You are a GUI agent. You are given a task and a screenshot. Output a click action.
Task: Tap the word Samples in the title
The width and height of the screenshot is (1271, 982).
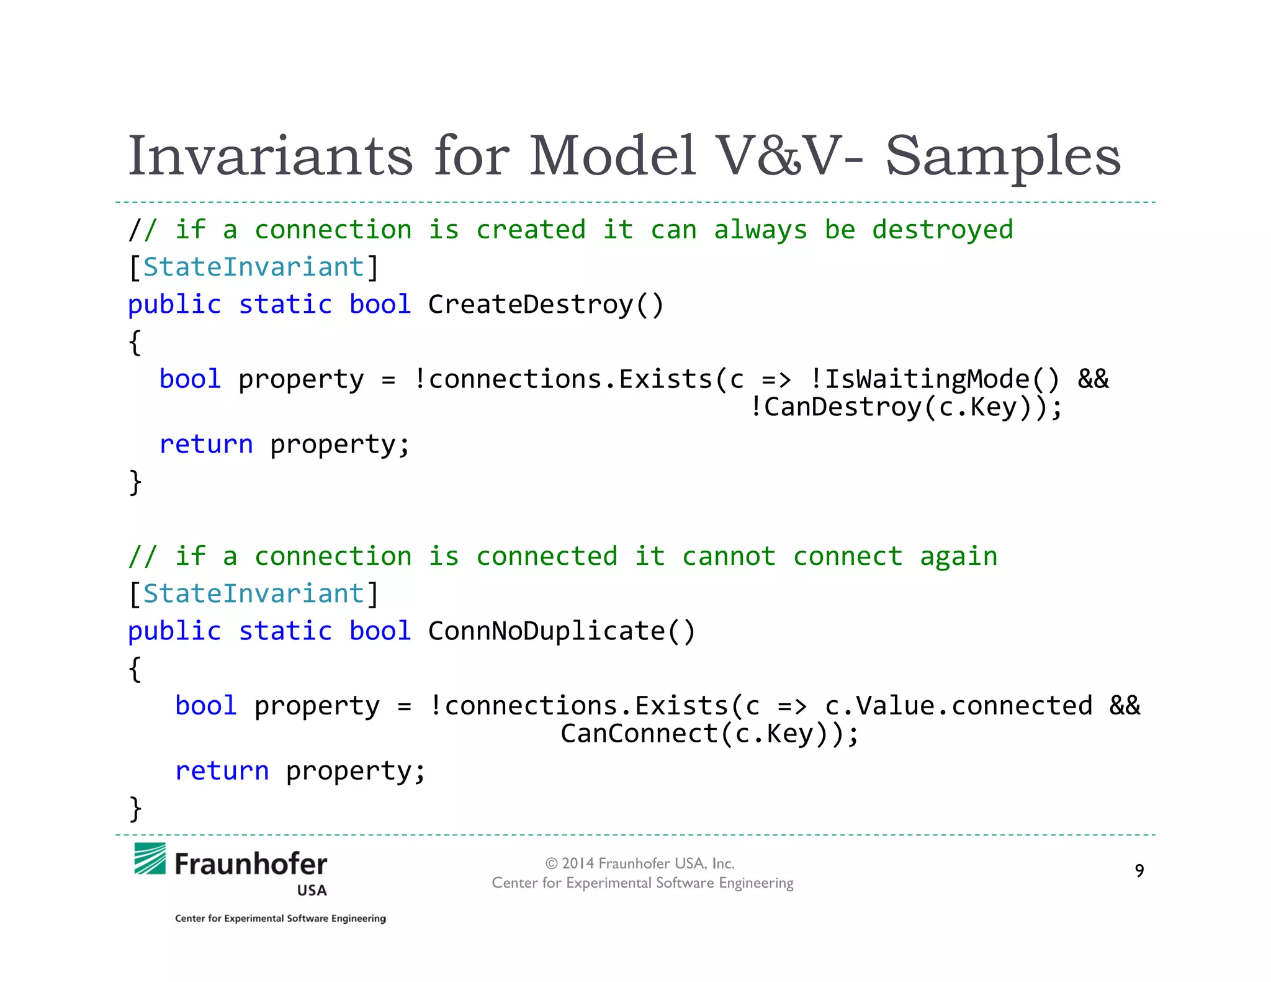click(1003, 156)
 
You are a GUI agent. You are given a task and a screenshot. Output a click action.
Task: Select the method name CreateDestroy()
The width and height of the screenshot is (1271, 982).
click(546, 305)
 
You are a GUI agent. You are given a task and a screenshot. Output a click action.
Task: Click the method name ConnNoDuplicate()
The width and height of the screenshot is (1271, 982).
click(562, 631)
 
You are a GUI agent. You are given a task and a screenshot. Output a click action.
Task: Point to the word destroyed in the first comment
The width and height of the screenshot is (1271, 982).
click(942, 230)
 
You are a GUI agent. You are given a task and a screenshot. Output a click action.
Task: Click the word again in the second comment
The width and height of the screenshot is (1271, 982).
click(958, 556)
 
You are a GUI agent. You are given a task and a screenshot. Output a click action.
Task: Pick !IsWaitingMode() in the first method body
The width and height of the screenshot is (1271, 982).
click(935, 379)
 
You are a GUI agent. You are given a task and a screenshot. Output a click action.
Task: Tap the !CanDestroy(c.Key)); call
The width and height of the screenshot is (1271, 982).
click(905, 407)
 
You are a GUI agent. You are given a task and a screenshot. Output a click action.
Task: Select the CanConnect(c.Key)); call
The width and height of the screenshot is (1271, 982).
click(709, 734)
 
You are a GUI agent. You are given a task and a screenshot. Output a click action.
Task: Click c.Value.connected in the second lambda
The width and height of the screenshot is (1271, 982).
click(958, 706)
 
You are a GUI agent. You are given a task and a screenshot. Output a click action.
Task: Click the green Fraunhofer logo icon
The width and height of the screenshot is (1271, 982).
click(150, 858)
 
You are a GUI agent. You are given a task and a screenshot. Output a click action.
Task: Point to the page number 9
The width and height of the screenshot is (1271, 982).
click(1139, 870)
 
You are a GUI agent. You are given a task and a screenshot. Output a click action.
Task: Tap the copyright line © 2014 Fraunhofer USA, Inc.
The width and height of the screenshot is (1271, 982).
click(640, 863)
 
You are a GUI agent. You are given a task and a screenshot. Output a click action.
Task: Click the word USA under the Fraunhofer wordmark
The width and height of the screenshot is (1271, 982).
click(312, 890)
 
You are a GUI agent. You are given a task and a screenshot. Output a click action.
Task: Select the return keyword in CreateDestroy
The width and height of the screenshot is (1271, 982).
click(206, 444)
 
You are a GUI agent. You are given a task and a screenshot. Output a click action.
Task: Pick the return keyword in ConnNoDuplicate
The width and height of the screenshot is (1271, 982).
click(222, 771)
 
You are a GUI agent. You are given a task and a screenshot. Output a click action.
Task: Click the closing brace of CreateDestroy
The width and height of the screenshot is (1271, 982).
click(135, 482)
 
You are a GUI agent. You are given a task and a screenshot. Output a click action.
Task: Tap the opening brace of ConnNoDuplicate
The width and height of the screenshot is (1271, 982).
click(135, 669)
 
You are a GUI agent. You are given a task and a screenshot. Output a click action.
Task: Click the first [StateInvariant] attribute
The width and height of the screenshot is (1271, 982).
click(253, 268)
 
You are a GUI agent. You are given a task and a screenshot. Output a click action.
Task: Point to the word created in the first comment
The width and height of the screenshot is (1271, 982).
click(531, 230)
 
